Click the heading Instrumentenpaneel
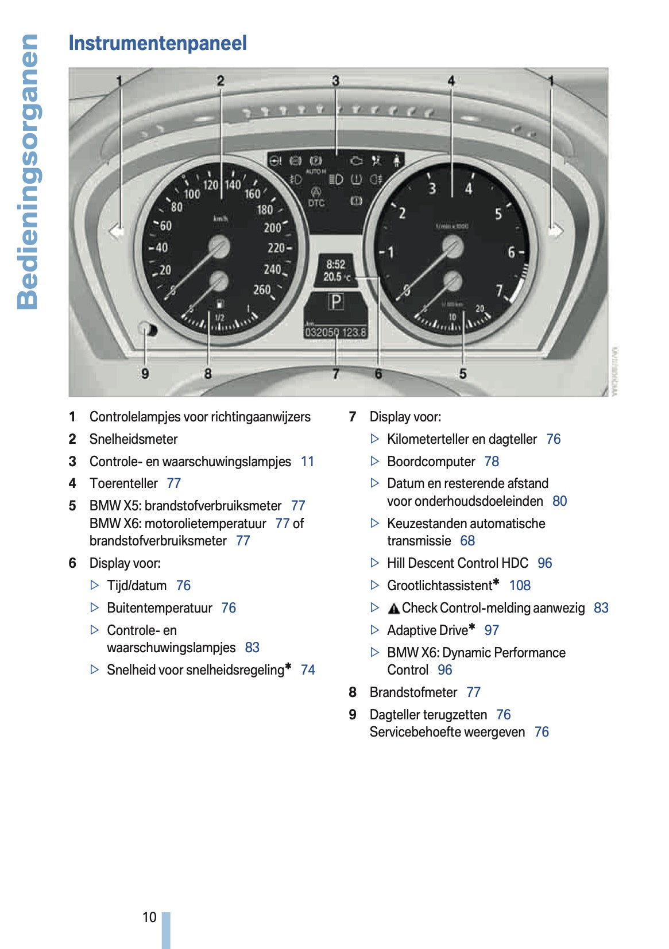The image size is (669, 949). click(x=157, y=43)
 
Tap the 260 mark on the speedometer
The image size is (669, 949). click(x=262, y=290)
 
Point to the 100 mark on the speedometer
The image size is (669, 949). click(x=192, y=194)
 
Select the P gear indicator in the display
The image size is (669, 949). click(x=336, y=301)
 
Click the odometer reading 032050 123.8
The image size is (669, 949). click(x=336, y=332)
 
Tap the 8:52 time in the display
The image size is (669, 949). click(x=336, y=264)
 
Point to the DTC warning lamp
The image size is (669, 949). click(x=316, y=203)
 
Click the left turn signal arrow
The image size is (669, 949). click(x=117, y=231)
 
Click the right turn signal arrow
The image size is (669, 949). click(x=555, y=231)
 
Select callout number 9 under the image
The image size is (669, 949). click(x=145, y=374)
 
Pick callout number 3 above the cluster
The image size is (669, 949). click(x=336, y=81)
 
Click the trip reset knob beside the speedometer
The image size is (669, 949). click(x=147, y=330)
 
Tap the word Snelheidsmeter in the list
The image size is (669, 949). click(x=133, y=439)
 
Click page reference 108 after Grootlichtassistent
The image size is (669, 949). click(x=520, y=586)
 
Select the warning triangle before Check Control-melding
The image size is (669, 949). click(x=393, y=609)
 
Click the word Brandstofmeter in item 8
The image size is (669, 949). click(x=413, y=692)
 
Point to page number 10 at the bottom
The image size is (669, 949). click(x=149, y=917)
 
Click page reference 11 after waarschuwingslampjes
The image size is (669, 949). click(x=307, y=462)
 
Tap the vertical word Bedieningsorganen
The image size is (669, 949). click(x=28, y=172)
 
